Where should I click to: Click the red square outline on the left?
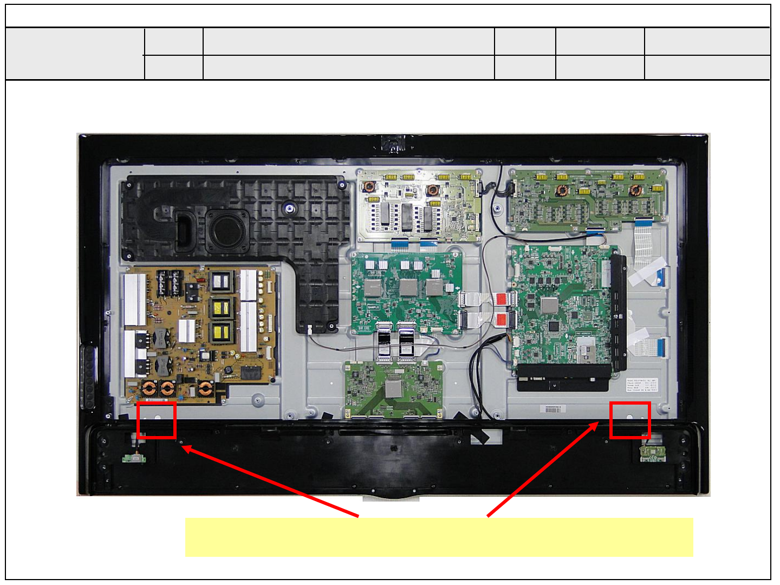point(157,420)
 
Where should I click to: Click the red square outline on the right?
point(630,420)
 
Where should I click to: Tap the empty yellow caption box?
point(439,537)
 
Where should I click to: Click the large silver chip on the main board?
point(549,305)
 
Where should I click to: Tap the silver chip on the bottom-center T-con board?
point(394,388)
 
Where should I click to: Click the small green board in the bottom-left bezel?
point(134,458)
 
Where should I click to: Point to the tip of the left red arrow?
point(183,447)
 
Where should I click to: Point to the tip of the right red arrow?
point(598,423)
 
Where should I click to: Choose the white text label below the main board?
point(641,386)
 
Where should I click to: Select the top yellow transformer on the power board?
point(220,281)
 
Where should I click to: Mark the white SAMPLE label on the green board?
point(373,307)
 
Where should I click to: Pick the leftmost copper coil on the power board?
point(149,388)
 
